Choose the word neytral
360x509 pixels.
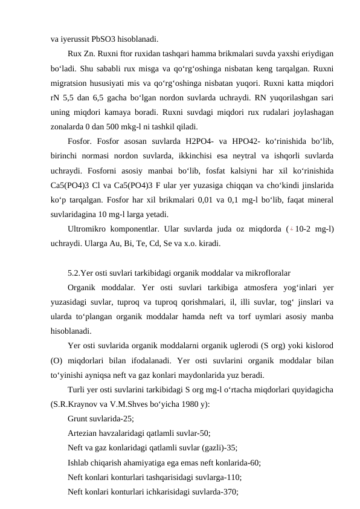coord(256,156)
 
